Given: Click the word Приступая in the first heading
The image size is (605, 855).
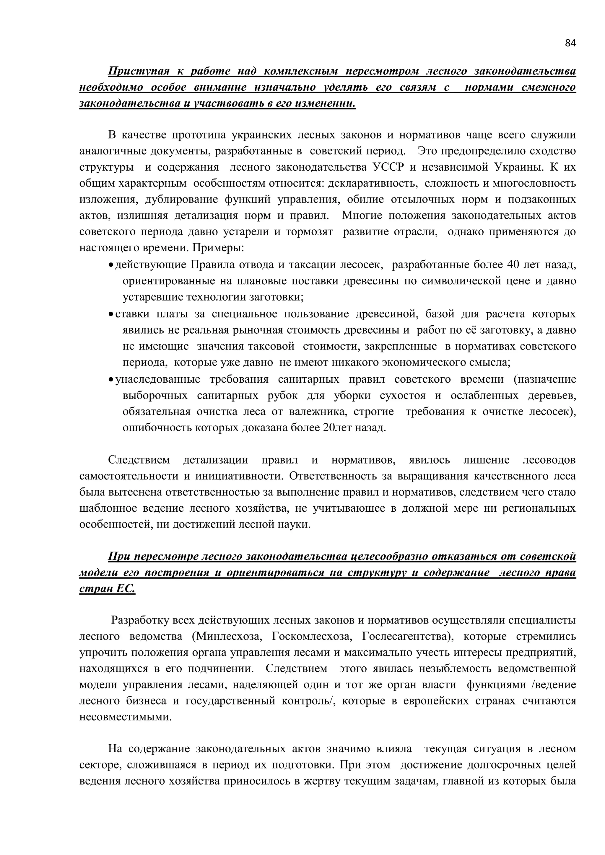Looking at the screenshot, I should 139,71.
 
